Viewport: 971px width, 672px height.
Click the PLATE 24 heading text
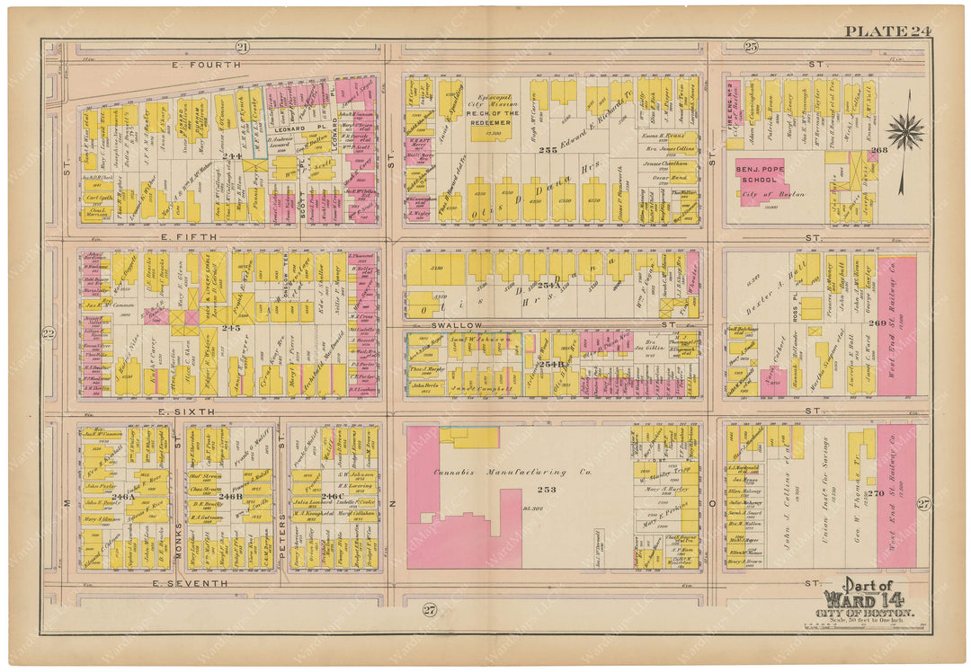coord(886,31)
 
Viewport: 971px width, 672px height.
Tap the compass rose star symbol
coord(904,132)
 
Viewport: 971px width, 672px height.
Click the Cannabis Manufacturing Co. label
coord(500,472)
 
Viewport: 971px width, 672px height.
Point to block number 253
coord(548,491)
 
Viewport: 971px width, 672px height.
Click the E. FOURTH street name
coord(208,65)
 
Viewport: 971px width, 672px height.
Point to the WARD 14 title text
coord(863,598)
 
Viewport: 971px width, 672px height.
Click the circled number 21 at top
coord(241,47)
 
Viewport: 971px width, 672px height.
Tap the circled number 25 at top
coord(751,47)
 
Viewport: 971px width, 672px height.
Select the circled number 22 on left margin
coord(49,333)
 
